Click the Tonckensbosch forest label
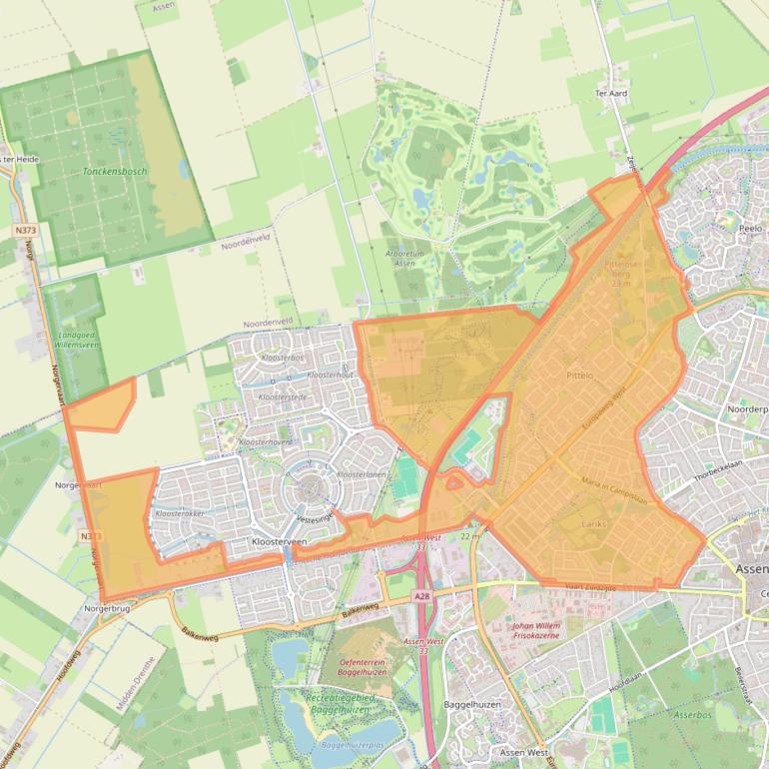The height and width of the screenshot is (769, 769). (115, 172)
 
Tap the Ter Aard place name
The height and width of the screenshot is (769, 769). (610, 93)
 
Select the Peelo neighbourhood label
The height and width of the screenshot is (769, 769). (750, 229)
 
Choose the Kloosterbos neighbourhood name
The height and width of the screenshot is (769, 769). (282, 357)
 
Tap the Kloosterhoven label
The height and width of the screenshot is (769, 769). (266, 440)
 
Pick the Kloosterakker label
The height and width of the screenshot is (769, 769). (179, 513)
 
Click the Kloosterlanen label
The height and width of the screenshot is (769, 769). (363, 474)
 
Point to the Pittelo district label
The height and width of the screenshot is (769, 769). (579, 376)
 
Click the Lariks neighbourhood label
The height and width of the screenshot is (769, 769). (593, 523)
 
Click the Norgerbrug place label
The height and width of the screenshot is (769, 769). (108, 607)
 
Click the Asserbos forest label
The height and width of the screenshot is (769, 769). (691, 716)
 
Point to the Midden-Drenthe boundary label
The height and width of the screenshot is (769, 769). (138, 679)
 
